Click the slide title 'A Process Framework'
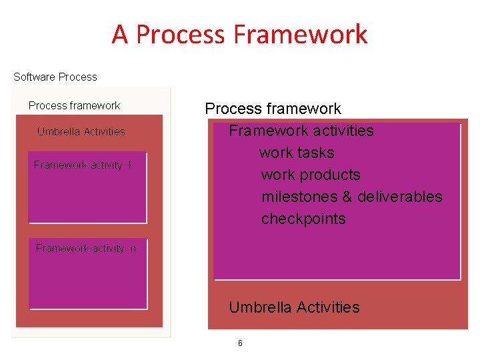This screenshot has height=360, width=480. (239, 34)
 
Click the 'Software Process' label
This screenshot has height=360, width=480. (55, 77)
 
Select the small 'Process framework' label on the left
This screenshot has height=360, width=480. (74, 105)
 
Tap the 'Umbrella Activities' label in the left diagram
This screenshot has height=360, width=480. (81, 131)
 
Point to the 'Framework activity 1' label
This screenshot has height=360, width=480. (83, 165)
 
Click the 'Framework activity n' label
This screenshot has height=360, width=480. (85, 248)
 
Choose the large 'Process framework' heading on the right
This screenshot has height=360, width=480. (273, 109)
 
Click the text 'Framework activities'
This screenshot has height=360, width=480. (301, 131)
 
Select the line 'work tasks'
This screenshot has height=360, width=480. (297, 153)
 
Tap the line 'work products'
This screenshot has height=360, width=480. (311, 175)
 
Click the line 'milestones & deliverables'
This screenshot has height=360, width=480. (351, 197)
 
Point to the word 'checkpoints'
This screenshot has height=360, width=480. (303, 219)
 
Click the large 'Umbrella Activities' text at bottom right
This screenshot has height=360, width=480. (294, 307)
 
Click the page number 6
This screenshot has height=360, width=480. (240, 343)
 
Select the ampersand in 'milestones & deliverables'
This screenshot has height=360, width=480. (347, 197)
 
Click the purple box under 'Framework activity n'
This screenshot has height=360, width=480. (87, 280)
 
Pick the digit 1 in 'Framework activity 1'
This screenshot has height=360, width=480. (128, 165)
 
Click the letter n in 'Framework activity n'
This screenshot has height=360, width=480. (133, 249)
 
